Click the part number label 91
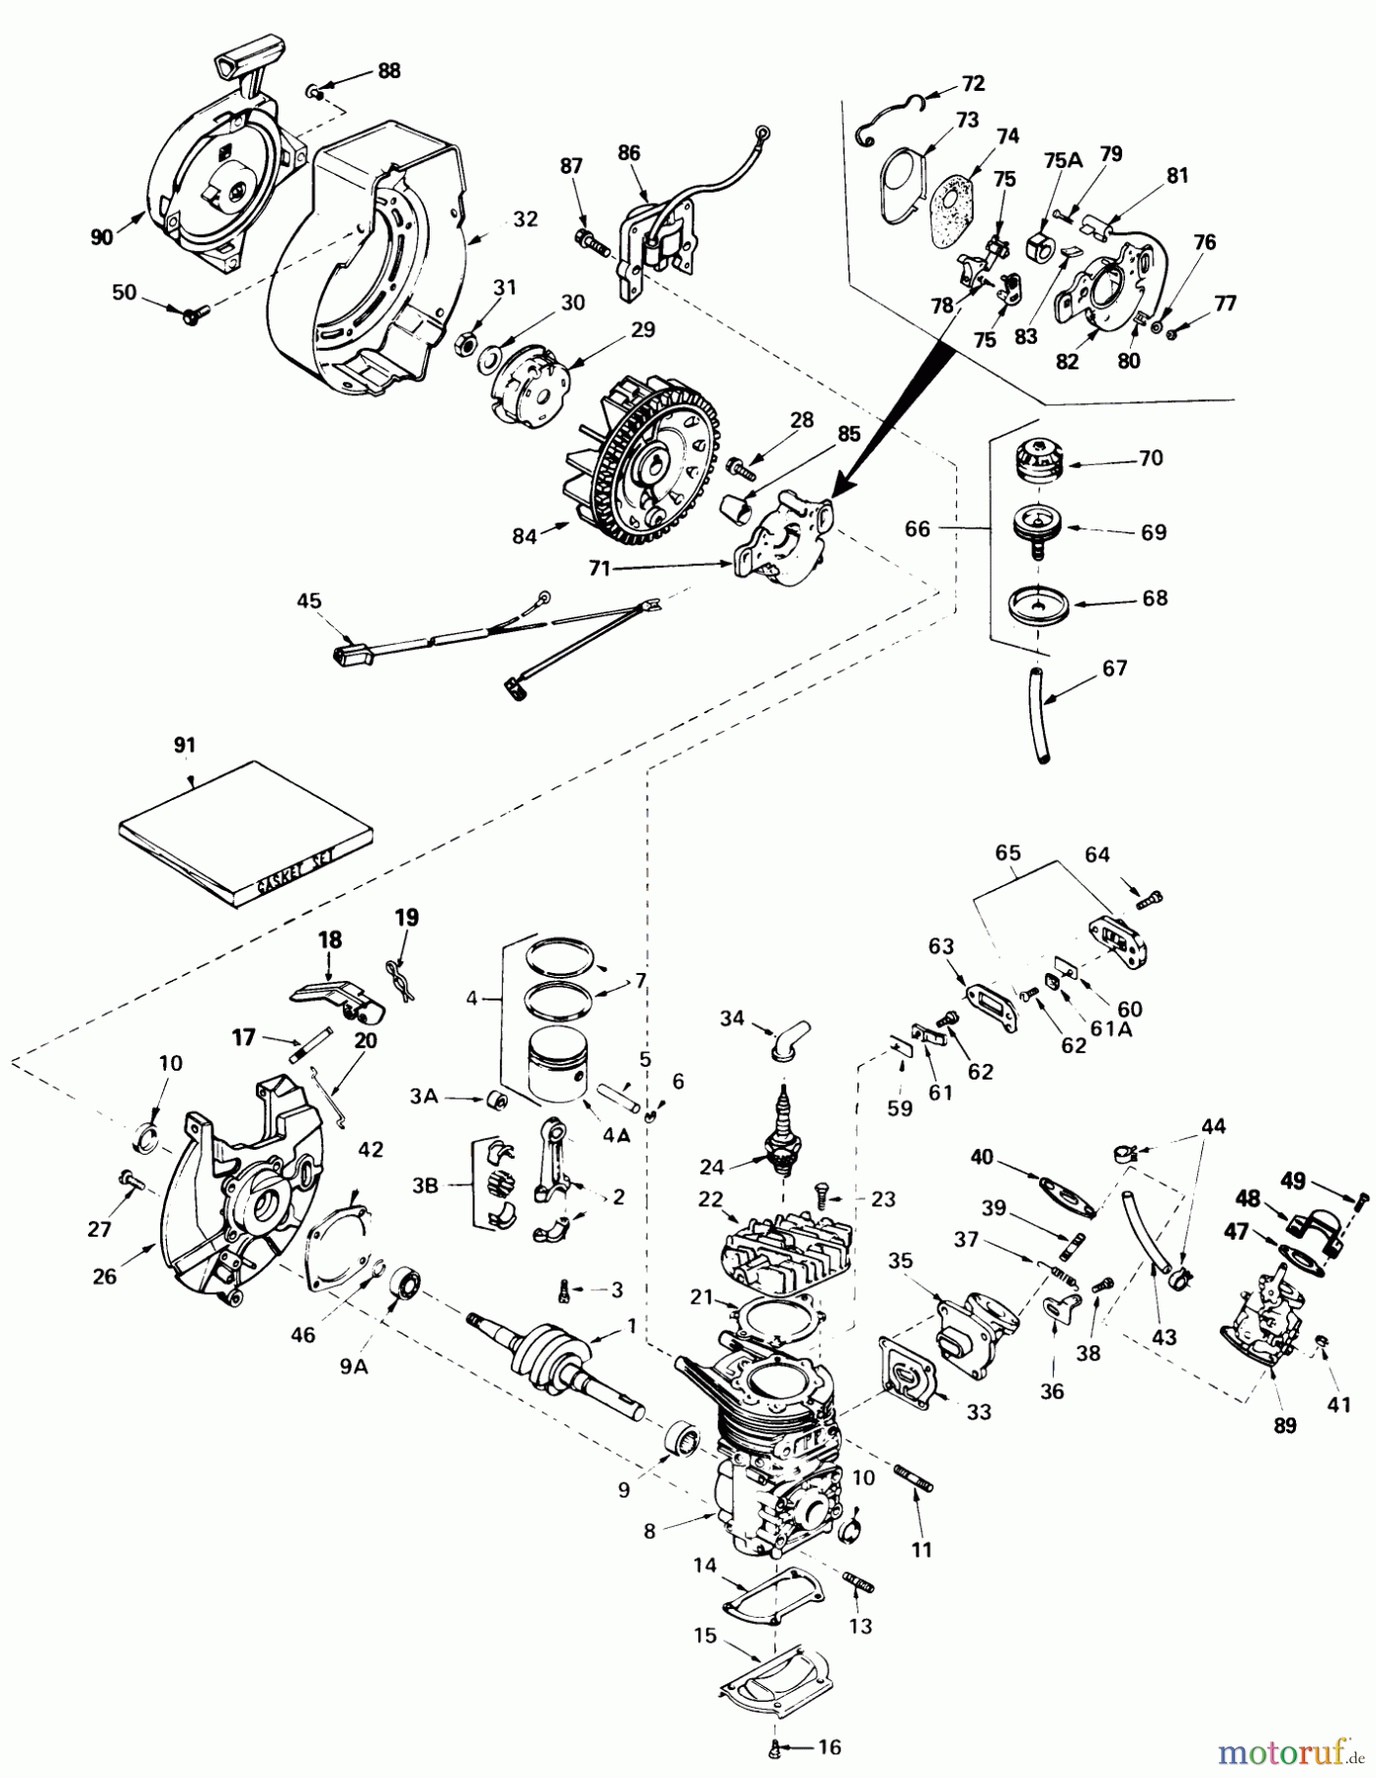(x=185, y=746)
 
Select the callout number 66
(x=918, y=529)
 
